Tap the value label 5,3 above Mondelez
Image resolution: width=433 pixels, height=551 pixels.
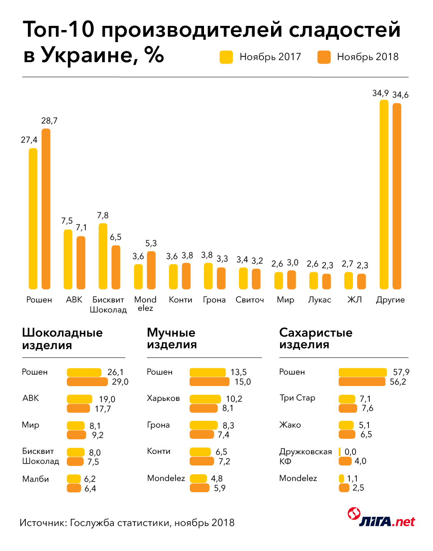click(151, 243)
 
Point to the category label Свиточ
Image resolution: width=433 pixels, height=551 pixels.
click(249, 300)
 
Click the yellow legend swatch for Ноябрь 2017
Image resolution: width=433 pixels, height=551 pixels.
click(226, 57)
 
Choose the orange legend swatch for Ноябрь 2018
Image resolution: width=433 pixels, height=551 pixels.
click(324, 57)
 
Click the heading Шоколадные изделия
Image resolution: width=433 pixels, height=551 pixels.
click(62, 339)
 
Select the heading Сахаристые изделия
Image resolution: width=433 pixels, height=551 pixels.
click(316, 338)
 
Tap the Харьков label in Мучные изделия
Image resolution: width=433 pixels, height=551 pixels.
click(163, 398)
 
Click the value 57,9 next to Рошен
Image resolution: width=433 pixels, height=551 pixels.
click(401, 372)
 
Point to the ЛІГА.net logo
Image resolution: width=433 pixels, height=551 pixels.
click(381, 518)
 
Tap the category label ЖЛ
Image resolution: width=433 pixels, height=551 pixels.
click(355, 300)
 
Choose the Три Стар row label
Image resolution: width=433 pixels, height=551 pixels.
click(297, 398)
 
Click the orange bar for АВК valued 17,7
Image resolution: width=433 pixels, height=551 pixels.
click(78, 408)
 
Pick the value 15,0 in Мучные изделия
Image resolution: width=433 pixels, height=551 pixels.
click(243, 382)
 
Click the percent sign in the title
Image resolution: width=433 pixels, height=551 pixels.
click(154, 55)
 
